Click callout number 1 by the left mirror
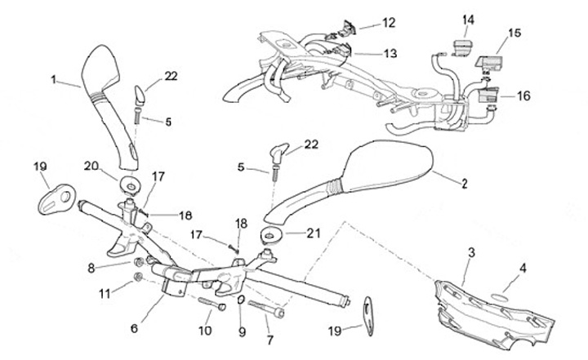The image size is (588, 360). coord(54,80)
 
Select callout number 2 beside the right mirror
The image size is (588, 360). coord(464,184)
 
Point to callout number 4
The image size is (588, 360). coord(523,266)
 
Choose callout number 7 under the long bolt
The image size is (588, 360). coord(269,339)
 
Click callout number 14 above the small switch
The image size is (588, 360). coord(467,20)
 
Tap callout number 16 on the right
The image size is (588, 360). coord(523,96)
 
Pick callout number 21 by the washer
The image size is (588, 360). coord(314,233)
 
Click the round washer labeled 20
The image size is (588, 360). coord(131,181)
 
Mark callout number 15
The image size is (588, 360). coord(514,33)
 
